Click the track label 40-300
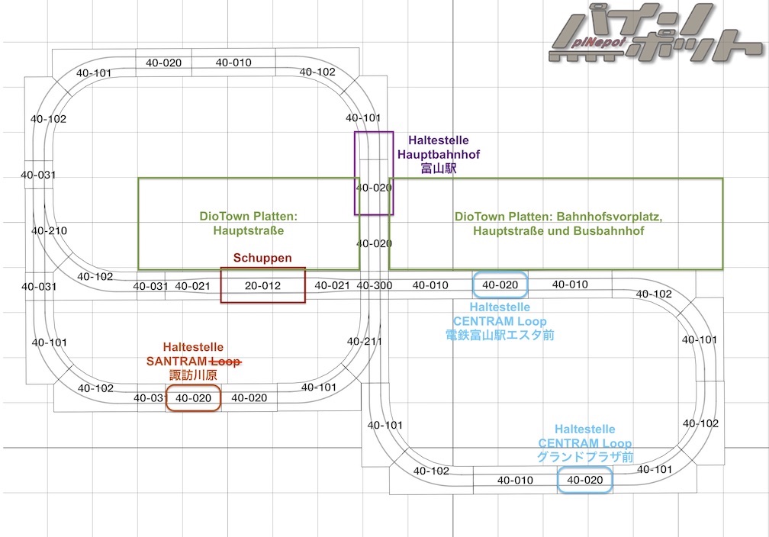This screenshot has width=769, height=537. tap(373, 286)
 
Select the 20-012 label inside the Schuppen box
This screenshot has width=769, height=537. tap(263, 286)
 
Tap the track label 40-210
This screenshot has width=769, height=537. tap(49, 230)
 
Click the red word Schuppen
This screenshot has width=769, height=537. tap(262, 259)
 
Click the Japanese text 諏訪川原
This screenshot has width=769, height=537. tap(194, 375)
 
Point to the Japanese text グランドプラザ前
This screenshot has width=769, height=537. tap(585, 457)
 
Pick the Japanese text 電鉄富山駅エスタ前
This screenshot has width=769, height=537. tap(500, 333)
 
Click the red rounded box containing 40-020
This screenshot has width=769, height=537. tap(193, 398)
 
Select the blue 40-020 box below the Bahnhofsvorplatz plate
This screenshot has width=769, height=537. tap(500, 285)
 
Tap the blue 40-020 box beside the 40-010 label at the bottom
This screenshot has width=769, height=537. tap(584, 480)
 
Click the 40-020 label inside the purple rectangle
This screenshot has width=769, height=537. tap(374, 188)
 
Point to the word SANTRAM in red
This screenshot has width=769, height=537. tap(176, 361)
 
